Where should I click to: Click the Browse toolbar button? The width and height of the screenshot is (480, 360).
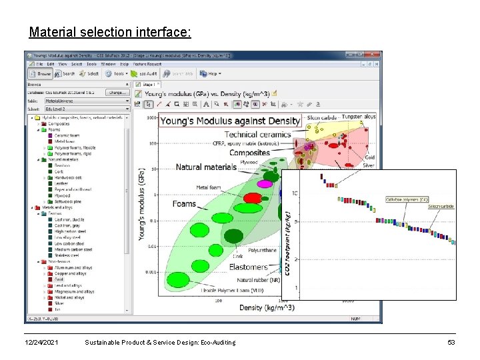click(41, 74)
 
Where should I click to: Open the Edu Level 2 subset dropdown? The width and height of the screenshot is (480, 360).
click(87, 109)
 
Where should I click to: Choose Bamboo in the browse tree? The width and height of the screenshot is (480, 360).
click(63, 165)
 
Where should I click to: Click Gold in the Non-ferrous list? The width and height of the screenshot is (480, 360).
click(60, 280)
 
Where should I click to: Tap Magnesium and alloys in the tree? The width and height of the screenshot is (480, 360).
click(74, 292)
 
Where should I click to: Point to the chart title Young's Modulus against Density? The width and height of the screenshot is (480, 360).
click(231, 121)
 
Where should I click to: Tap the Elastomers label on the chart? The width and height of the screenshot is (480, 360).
click(248, 267)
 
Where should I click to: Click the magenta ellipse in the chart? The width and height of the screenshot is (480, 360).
click(265, 183)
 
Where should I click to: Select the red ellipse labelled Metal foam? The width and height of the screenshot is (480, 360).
click(252, 197)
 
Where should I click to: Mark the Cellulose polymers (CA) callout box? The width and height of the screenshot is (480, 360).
click(407, 199)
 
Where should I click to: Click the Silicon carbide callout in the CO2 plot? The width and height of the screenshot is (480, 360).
click(441, 207)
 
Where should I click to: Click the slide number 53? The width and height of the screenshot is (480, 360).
click(451, 342)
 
